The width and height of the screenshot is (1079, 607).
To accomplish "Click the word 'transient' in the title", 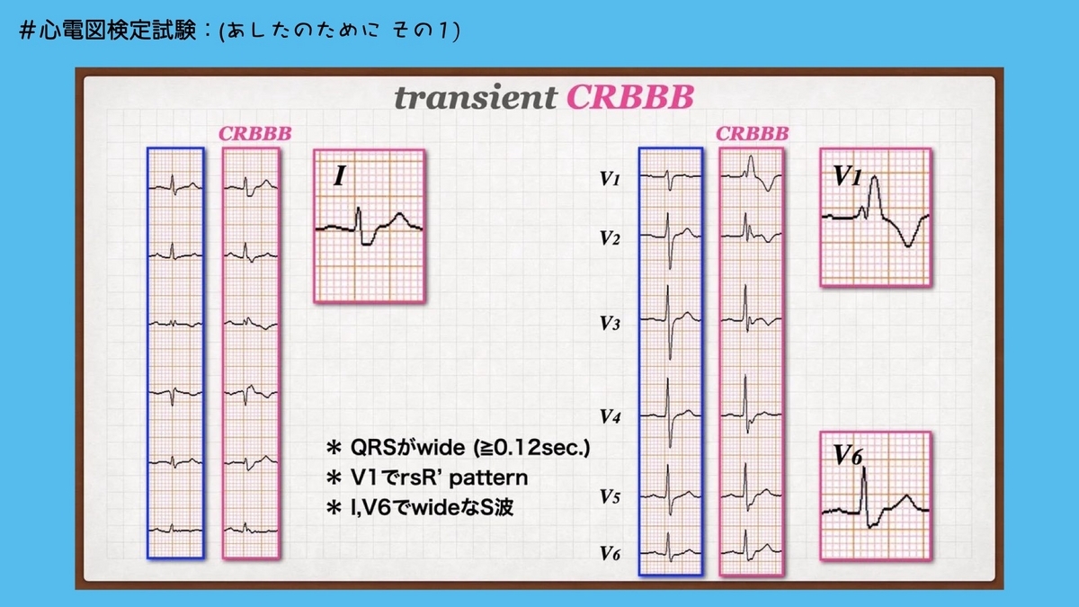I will [x=475, y=98].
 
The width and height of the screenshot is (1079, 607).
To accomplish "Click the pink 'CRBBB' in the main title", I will [x=629, y=98].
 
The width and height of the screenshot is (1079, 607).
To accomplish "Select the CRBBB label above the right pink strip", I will [x=752, y=134].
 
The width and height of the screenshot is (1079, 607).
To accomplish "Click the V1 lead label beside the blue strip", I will [x=610, y=180].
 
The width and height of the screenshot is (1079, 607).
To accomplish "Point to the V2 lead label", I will [x=610, y=238].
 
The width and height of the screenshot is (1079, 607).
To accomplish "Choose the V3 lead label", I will [x=610, y=324].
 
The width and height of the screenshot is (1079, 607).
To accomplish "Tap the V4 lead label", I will [x=610, y=417].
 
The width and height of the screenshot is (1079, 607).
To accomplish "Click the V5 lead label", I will [x=610, y=496].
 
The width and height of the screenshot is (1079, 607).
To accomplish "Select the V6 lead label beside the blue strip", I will [x=610, y=554].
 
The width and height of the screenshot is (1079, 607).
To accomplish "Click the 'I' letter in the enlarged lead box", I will [x=339, y=175].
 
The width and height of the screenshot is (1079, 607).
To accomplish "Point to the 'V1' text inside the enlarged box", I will [x=846, y=176].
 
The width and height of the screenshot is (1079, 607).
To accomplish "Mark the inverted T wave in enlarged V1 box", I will [x=909, y=243].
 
